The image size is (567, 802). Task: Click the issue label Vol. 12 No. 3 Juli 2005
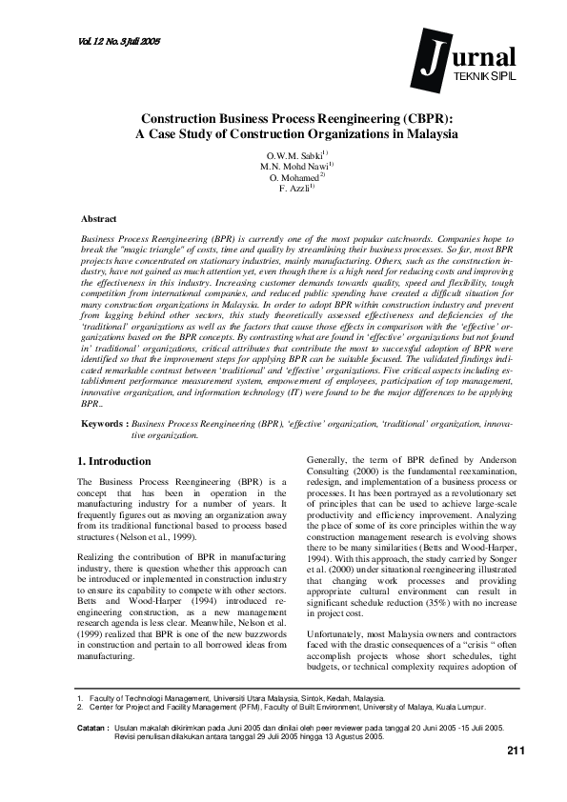coord(113,43)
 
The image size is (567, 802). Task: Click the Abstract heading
coord(99,219)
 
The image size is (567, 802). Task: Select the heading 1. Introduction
coord(113,461)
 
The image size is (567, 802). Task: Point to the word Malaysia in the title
coord(427,135)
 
